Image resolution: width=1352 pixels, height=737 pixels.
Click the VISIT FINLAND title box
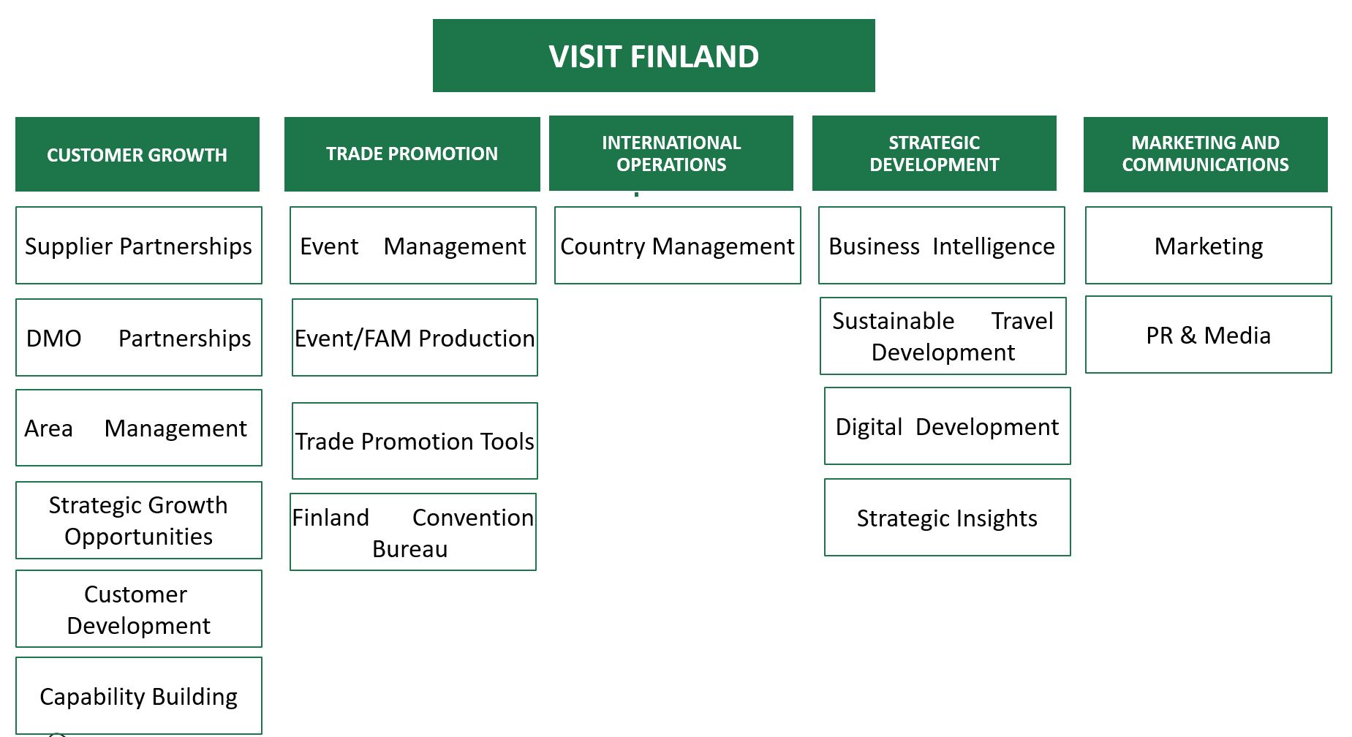click(654, 56)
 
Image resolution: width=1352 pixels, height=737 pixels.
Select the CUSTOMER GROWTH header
click(137, 154)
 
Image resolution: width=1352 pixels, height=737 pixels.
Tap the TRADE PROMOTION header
click(412, 154)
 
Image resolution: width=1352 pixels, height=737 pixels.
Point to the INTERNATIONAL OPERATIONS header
click(671, 153)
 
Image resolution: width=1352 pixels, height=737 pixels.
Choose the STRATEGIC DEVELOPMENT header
click(934, 153)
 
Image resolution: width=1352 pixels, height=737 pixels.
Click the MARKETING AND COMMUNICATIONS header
click(1206, 154)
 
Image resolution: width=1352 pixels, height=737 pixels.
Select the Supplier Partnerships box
click(139, 246)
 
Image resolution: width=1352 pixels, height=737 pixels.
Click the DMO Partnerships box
click(139, 337)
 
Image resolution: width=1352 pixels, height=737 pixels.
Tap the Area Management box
click(139, 428)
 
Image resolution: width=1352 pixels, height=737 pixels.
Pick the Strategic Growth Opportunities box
click(139, 520)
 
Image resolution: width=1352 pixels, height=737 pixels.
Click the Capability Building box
click(139, 696)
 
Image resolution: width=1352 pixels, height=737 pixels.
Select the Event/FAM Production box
click(415, 338)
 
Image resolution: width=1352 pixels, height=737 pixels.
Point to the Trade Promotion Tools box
click(415, 441)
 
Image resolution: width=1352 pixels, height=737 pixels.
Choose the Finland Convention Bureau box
click(413, 532)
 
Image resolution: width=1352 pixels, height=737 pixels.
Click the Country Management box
click(678, 246)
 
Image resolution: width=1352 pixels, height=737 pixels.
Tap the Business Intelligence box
click(942, 246)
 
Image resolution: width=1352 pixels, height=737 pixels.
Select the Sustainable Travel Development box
click(943, 336)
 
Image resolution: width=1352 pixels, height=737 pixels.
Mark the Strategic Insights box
click(948, 518)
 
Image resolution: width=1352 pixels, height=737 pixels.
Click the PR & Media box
click(1209, 335)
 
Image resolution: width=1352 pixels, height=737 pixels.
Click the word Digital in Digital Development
click(869, 427)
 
